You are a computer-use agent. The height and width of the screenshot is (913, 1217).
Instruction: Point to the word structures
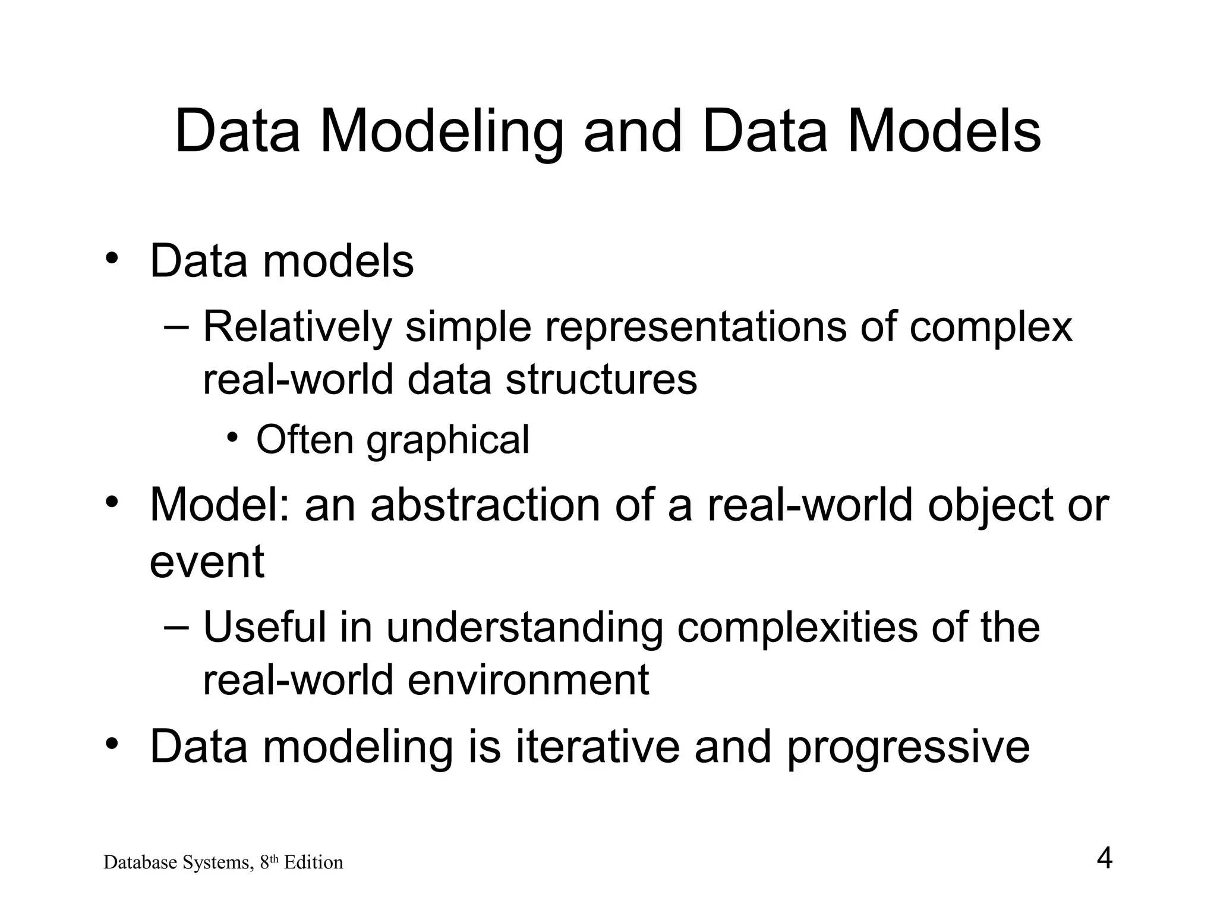601,380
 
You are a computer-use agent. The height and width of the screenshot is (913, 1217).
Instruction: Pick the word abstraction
485,506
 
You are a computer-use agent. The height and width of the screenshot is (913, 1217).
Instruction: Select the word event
207,562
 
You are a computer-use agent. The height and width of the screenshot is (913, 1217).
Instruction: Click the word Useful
264,628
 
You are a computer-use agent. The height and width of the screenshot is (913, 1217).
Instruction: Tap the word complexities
797,629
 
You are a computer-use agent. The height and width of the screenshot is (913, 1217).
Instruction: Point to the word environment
528,681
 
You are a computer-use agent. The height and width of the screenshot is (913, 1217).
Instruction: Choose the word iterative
597,747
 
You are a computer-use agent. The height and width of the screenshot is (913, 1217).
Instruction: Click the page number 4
1104,859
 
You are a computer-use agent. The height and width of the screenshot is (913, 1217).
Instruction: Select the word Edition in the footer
313,862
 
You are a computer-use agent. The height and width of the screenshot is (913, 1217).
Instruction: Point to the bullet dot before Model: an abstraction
111,503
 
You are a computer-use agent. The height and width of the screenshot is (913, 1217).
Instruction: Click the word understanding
525,629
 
